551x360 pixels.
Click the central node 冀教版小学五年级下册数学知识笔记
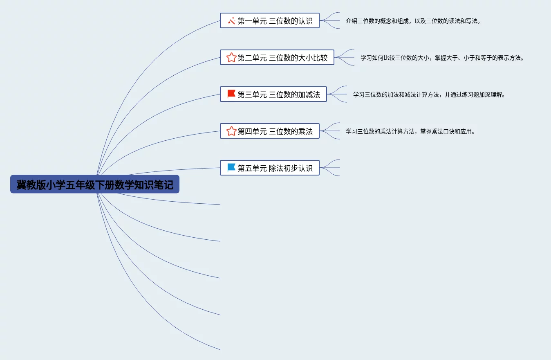[x=95, y=185]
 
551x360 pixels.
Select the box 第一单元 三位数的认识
[x=269, y=20]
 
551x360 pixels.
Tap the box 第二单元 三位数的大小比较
[x=277, y=57]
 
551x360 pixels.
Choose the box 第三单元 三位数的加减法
[x=273, y=94]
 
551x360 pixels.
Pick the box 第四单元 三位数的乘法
[x=269, y=131]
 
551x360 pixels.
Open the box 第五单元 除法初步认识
[x=269, y=168]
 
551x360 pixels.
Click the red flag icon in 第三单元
[x=231, y=94]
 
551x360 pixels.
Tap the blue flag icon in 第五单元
[x=231, y=168]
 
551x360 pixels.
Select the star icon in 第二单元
[x=231, y=57]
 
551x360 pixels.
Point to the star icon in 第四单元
[x=231, y=131]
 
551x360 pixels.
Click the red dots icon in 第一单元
[x=231, y=20]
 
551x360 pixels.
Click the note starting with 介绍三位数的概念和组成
[x=413, y=21]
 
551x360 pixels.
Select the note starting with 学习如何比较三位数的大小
[x=442, y=58]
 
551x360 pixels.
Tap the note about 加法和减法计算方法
[x=429, y=94]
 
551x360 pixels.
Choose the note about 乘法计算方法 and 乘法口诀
[x=410, y=131]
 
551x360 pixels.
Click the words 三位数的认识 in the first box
[x=291, y=21]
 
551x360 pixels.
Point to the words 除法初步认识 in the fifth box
[x=291, y=168]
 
